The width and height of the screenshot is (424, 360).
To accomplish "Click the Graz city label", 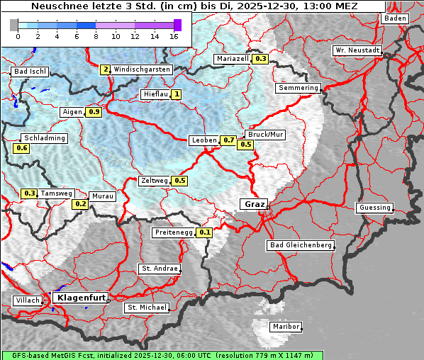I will click(255, 204).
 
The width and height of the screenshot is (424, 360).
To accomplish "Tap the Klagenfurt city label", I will click(80, 298).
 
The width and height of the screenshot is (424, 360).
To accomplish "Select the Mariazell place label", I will click(233, 58).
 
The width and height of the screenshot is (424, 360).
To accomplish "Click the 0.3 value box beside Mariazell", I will click(260, 59).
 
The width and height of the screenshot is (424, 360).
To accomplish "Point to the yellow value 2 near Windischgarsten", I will click(105, 69).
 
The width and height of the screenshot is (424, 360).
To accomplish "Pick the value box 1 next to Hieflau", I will click(176, 94).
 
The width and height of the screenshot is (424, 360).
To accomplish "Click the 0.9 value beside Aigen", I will click(94, 112).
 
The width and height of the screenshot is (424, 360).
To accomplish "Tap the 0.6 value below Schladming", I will click(21, 148).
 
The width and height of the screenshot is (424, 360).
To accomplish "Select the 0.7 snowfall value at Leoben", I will click(228, 140).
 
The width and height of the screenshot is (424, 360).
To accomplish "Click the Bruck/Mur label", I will click(264, 134).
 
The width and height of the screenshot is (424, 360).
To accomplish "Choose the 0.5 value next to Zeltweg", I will click(179, 181).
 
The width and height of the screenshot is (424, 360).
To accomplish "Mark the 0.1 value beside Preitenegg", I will click(205, 232).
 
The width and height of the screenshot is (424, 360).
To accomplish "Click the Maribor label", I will click(286, 327).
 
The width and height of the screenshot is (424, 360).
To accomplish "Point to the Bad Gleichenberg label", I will click(300, 245).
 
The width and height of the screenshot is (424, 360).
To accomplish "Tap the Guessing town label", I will click(374, 208).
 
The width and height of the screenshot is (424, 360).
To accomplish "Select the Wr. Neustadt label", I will click(357, 51).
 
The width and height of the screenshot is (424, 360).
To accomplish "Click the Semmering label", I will click(299, 88).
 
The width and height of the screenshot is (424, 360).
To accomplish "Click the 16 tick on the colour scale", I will click(174, 35).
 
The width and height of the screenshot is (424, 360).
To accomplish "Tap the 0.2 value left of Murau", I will click(81, 204).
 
